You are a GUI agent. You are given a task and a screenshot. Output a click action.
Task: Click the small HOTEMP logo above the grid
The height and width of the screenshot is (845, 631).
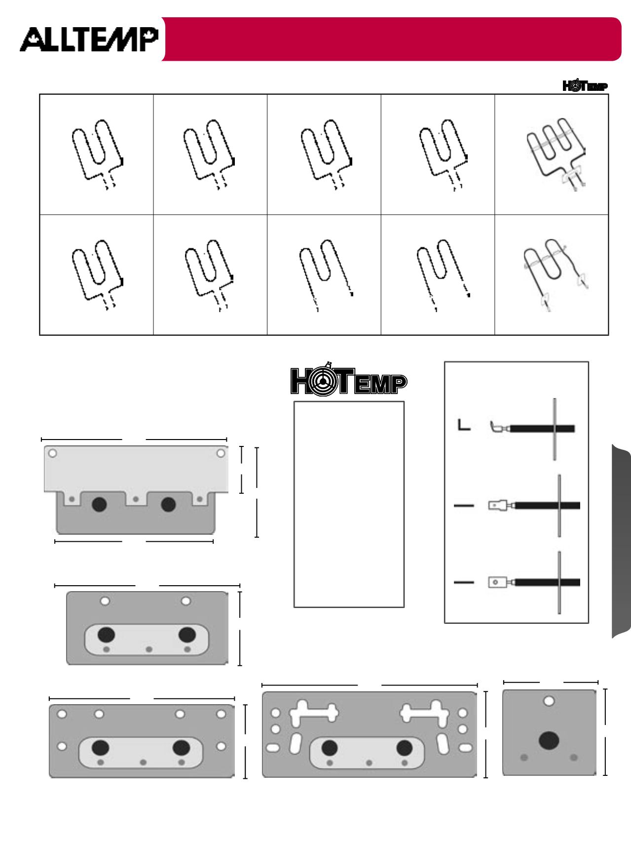point(585,85)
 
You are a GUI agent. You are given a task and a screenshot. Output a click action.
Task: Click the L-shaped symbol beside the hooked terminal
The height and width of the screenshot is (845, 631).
point(463,425)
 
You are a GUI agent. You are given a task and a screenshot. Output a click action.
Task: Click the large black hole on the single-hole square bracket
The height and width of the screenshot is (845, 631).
point(549,740)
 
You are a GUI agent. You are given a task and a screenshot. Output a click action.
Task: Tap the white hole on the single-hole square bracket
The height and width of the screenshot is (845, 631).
point(549,701)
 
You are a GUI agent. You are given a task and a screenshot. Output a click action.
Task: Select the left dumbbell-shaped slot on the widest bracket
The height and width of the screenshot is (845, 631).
point(314,712)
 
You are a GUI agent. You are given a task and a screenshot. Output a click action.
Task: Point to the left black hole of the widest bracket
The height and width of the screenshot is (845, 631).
point(329,748)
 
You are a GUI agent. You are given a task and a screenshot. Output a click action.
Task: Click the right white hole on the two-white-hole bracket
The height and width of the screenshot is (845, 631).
point(186,601)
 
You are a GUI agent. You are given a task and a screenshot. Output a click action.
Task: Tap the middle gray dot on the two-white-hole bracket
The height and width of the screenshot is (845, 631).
point(149,648)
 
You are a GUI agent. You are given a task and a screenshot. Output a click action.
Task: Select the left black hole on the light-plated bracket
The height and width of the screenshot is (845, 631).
point(99,504)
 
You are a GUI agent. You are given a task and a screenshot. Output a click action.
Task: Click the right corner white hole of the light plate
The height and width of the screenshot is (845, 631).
point(221,453)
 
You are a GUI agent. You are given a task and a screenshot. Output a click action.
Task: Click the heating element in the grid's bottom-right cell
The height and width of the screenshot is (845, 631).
point(555,275)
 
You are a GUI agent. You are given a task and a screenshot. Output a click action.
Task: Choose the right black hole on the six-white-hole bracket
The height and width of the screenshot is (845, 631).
point(181,747)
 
